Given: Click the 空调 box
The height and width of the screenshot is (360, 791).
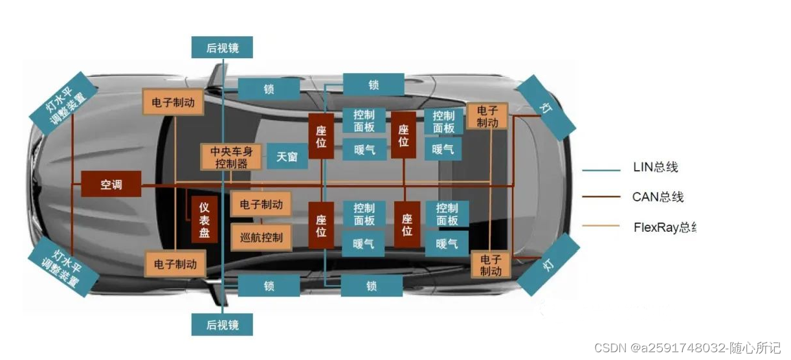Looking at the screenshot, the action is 111,185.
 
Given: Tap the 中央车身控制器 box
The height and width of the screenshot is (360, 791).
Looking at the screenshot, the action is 232,157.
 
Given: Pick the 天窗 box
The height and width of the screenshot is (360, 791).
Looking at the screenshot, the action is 287,157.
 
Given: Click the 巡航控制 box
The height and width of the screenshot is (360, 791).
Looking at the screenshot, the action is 261,238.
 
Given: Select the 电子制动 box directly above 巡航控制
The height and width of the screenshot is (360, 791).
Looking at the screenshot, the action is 261,205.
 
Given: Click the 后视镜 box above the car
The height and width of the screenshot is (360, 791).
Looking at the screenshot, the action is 222,47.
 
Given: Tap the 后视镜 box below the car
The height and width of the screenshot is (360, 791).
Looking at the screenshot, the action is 222,324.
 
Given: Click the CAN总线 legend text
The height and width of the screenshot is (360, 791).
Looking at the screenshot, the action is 658,197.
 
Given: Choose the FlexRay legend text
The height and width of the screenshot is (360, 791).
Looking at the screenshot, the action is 664,227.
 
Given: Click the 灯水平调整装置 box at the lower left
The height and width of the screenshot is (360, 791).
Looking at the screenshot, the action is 63,267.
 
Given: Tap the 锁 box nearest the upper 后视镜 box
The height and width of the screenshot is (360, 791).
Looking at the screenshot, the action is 269,89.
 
